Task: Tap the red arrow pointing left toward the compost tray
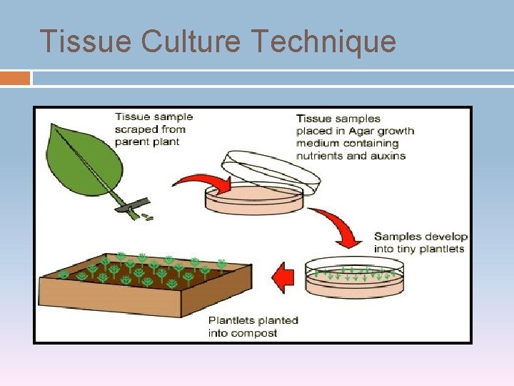[285, 277]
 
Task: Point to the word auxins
[388, 155]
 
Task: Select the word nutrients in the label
[320, 155]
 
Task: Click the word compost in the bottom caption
[253, 332]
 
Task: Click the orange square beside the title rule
[15, 78]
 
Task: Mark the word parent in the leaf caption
[131, 142]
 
